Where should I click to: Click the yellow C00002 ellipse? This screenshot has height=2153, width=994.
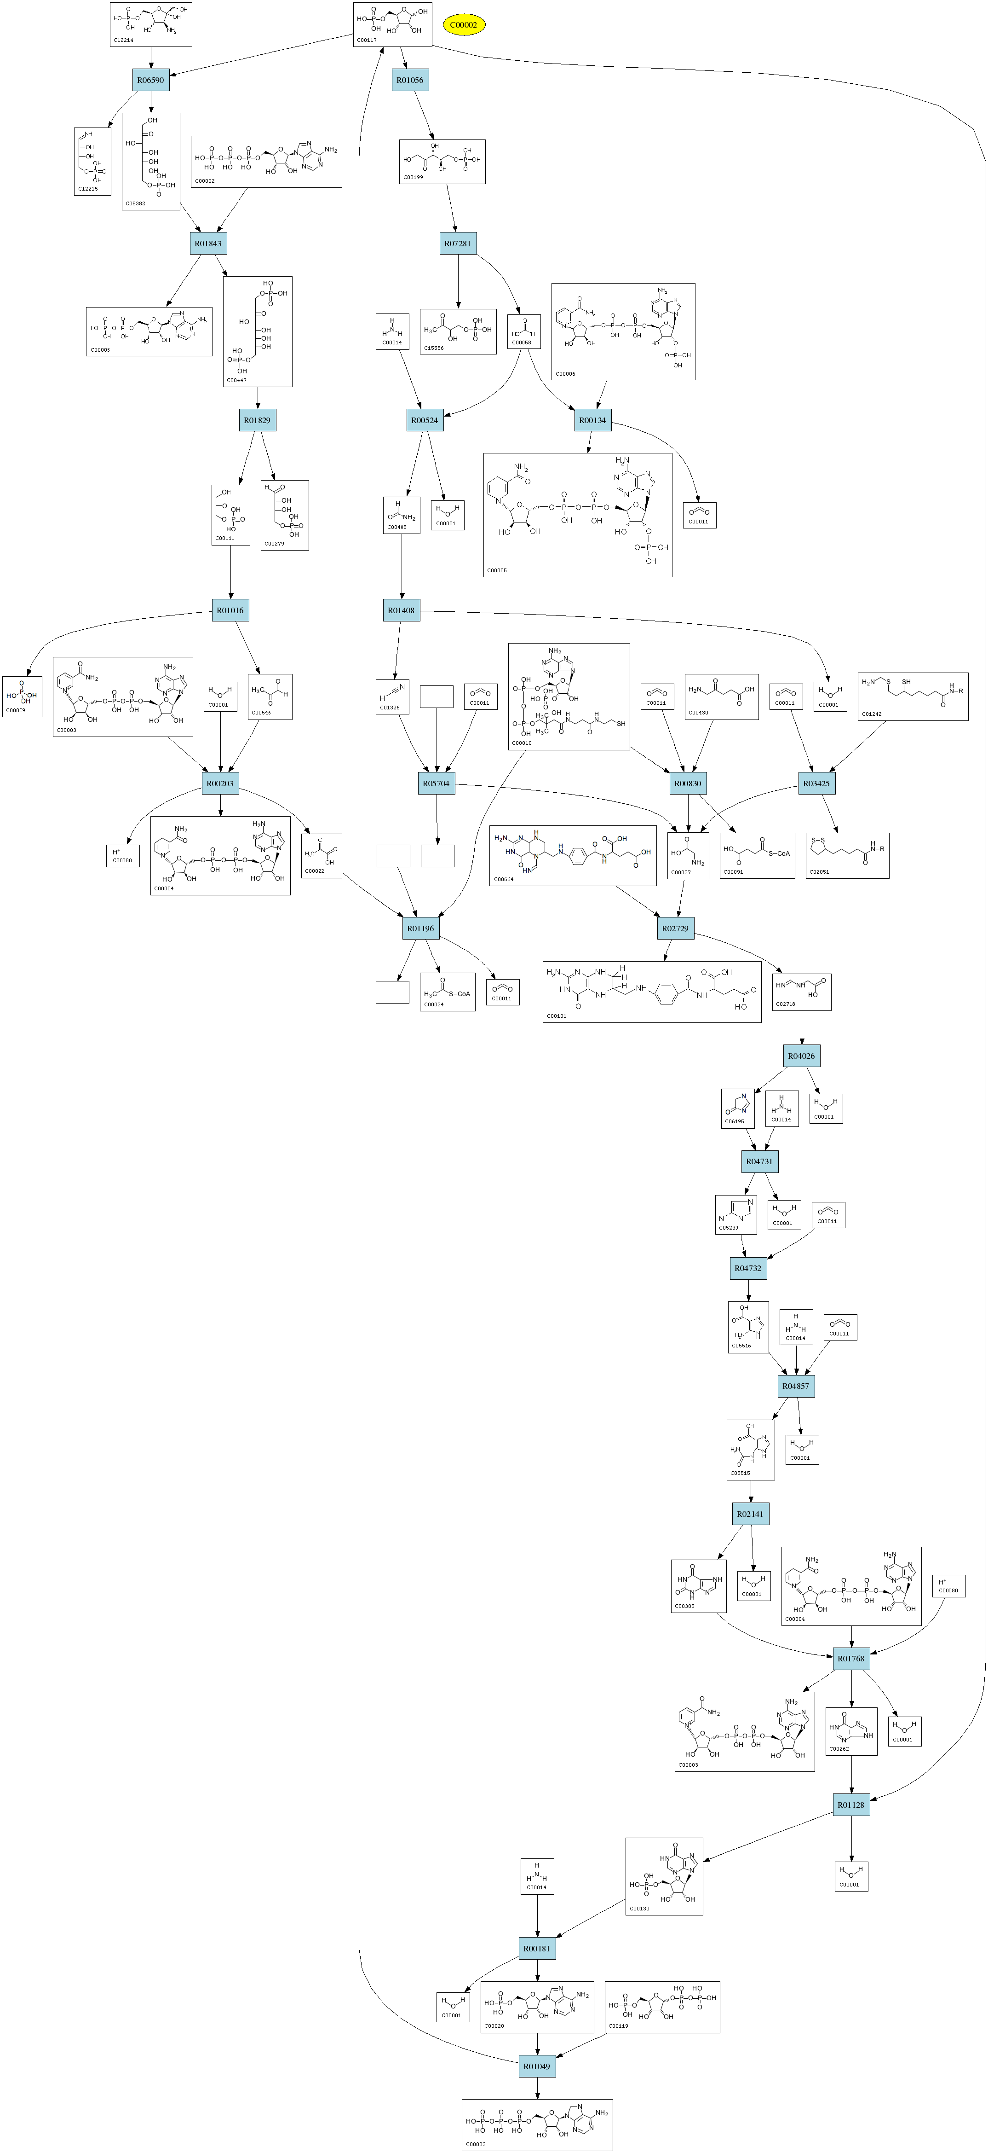click(x=464, y=25)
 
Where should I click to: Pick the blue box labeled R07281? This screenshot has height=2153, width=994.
click(x=458, y=243)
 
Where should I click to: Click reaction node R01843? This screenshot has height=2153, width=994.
click(x=208, y=243)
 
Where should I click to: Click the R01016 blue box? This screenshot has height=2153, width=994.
click(x=230, y=610)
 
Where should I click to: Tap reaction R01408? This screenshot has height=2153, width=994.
click(x=401, y=610)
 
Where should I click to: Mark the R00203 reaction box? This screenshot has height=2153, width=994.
click(x=220, y=783)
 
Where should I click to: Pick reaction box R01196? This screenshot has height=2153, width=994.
click(x=420, y=929)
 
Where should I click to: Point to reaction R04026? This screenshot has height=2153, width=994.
click(x=801, y=1056)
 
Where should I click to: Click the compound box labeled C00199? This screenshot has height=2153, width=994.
click(x=442, y=161)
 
